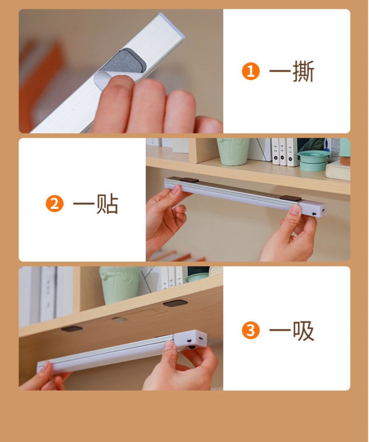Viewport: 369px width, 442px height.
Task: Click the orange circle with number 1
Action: point(251,71)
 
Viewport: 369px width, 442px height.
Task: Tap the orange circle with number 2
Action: point(55,203)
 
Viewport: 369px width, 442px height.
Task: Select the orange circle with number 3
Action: point(251,330)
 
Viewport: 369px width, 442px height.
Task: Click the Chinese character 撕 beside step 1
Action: point(303,71)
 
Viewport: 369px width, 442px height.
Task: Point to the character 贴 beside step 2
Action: point(107,204)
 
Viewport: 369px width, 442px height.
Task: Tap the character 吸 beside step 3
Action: point(303,330)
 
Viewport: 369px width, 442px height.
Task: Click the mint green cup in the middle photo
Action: point(233,152)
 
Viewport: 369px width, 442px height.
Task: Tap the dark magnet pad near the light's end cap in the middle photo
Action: point(290,198)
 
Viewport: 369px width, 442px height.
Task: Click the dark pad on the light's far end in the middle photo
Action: point(189,180)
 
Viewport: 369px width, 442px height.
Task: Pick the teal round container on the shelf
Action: point(313,160)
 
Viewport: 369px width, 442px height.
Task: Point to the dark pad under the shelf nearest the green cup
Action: point(175,303)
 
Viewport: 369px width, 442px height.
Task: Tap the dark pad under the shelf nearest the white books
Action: point(72,329)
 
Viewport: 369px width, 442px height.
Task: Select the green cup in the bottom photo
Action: point(120,285)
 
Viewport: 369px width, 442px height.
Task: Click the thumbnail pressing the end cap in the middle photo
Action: point(296,210)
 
